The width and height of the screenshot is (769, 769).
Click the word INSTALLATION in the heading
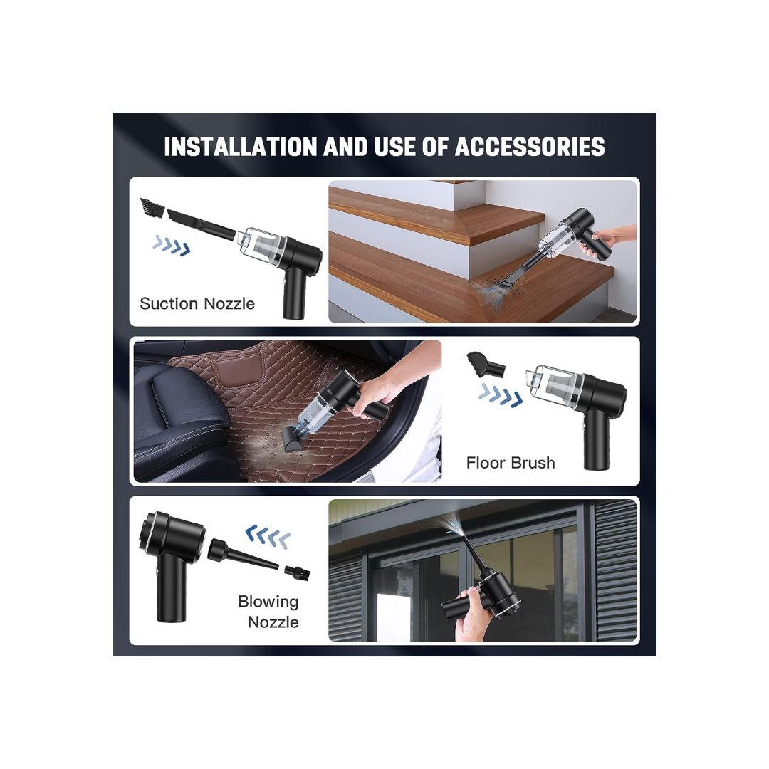pyautogui.click(x=241, y=147)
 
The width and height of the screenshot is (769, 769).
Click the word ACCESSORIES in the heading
pyautogui.click(x=530, y=147)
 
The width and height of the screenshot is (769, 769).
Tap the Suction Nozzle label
pyautogui.click(x=197, y=303)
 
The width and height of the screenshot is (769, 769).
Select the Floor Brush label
pyautogui.click(x=511, y=463)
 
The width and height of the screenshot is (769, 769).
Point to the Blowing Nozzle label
pyautogui.click(x=268, y=612)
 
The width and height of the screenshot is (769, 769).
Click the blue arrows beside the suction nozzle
pyautogui.click(x=171, y=245)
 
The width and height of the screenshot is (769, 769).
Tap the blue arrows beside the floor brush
pyautogui.click(x=501, y=396)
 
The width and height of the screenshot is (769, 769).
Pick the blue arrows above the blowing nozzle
pyautogui.click(x=268, y=536)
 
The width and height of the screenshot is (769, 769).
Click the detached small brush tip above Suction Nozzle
pyautogui.click(x=151, y=207)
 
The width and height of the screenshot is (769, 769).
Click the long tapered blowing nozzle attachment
pyautogui.click(x=243, y=555)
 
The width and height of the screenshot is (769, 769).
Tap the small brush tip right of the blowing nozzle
pyautogui.click(x=297, y=572)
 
